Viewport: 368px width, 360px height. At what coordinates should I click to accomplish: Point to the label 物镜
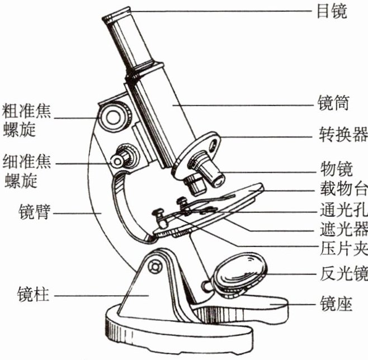[x=332, y=167]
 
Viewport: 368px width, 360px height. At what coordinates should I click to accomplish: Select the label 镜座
[x=332, y=304]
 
